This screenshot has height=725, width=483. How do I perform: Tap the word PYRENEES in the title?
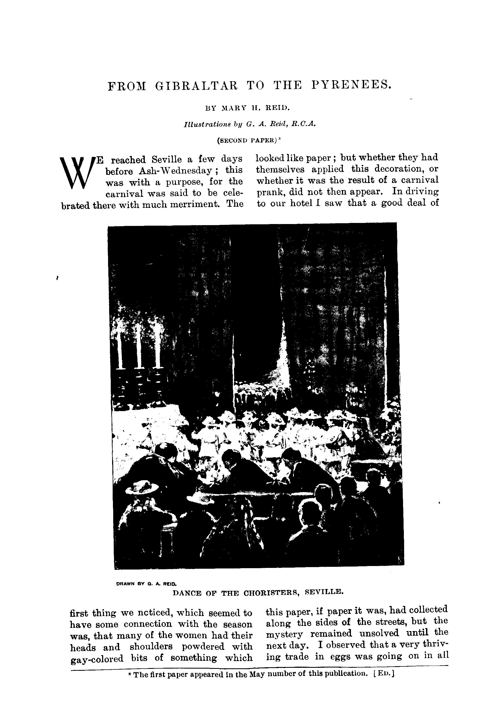[351, 85]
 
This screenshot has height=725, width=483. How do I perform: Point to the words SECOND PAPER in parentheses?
[246, 140]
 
